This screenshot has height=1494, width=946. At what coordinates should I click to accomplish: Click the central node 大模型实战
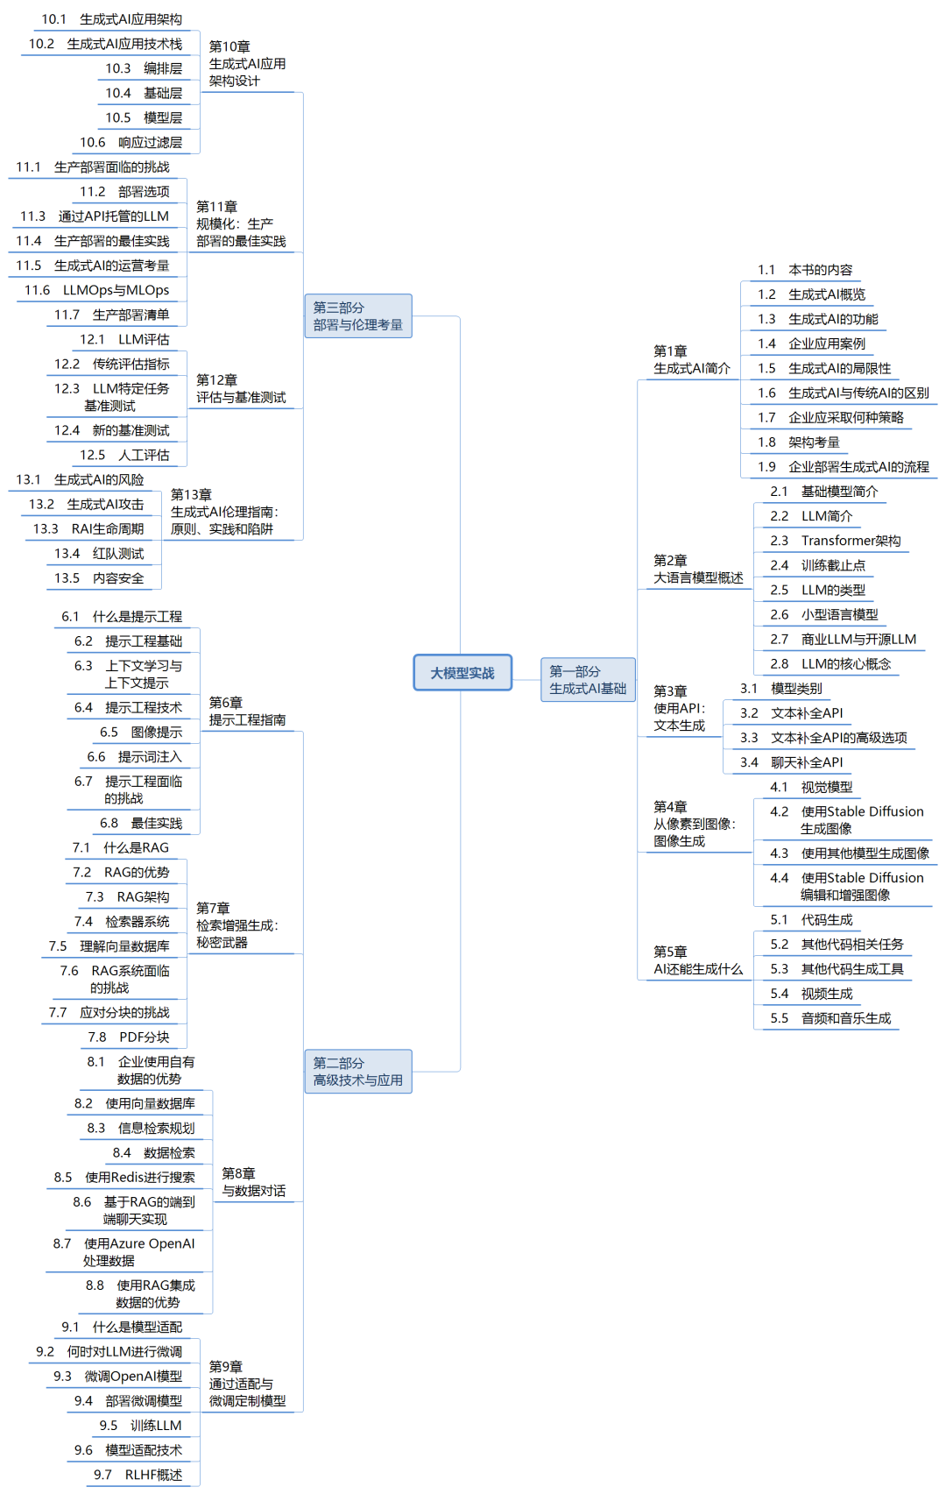tap(462, 673)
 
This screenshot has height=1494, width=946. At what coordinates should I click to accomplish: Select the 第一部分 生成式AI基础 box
tap(588, 680)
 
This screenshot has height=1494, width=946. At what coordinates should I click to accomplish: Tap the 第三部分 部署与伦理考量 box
tap(357, 316)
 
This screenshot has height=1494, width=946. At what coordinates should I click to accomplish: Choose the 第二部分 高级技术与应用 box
tap(357, 1072)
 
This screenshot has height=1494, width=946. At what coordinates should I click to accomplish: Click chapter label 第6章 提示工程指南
tap(247, 712)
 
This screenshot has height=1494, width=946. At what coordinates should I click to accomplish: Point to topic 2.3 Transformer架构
tap(835, 541)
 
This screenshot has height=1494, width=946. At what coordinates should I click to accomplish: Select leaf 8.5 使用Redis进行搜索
tap(124, 1178)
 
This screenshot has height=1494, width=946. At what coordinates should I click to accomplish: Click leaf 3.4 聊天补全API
tap(791, 762)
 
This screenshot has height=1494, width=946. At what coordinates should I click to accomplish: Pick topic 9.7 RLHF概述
tap(138, 1475)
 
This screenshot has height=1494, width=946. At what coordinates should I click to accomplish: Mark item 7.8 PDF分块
tap(129, 1037)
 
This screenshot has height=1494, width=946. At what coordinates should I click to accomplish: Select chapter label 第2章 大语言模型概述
tap(697, 570)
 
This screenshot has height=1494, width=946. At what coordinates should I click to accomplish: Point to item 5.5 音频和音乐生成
tap(830, 1018)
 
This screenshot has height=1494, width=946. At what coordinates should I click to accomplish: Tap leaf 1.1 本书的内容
tap(805, 270)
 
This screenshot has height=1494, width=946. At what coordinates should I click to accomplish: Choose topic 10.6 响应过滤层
tap(131, 143)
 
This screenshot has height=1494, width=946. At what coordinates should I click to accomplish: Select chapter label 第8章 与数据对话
tap(253, 1182)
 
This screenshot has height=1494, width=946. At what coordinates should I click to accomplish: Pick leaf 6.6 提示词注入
tap(135, 757)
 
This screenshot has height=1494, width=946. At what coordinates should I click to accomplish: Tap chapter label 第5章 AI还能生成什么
tap(697, 960)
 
